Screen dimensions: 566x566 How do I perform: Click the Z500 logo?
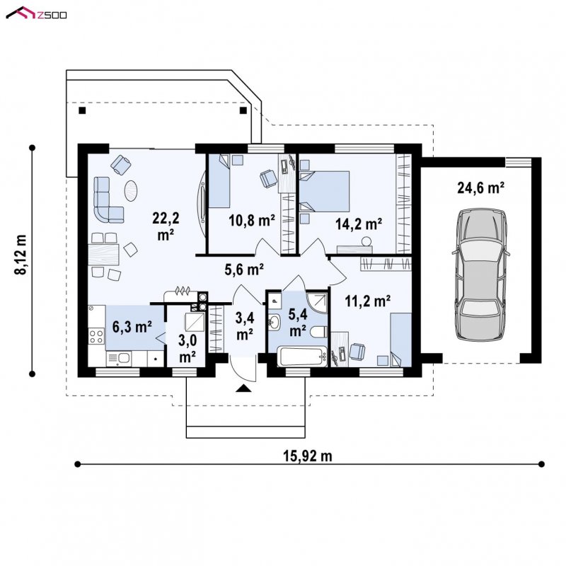tap(36, 13)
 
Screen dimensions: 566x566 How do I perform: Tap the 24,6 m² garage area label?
tap(480, 188)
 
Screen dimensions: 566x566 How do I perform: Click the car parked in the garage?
tap(480, 275)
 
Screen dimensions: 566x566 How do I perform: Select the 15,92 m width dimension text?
tap(307, 456)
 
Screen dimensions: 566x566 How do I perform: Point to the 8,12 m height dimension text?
tap(21, 255)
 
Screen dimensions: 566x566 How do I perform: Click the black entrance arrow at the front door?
tap(243, 388)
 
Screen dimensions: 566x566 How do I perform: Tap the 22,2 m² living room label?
tap(166, 226)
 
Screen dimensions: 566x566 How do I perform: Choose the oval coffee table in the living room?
tap(131, 191)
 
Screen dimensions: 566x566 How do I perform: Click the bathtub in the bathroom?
tap(302, 357)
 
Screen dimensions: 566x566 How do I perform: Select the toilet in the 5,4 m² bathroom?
tap(318, 332)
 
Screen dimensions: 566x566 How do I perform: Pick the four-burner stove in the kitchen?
tap(96, 337)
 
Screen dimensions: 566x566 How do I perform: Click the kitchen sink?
tap(119, 359)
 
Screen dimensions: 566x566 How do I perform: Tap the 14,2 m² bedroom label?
tap(359, 224)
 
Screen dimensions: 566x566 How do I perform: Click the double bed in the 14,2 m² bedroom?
tap(324, 191)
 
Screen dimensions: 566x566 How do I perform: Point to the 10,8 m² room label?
tap(252, 220)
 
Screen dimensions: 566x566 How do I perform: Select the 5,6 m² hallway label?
tap(244, 270)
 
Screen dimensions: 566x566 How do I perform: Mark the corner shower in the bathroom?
tap(316, 302)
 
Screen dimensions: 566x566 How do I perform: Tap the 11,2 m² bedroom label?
tap(367, 300)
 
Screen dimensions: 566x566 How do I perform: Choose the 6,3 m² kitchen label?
tap(132, 327)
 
